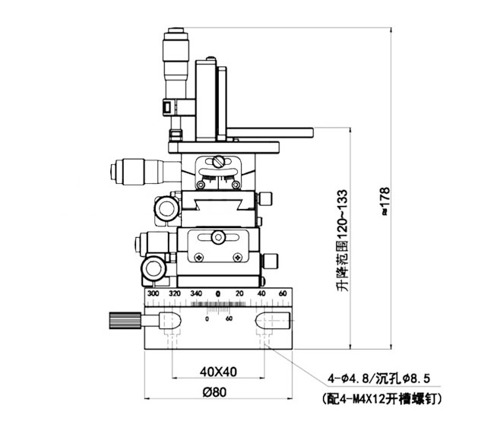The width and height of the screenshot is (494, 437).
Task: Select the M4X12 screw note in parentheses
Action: pos(378,397)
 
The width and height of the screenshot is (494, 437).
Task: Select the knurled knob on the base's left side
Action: pos(122,320)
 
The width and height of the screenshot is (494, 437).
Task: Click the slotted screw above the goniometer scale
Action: pos(218,161)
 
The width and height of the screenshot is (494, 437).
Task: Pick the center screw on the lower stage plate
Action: pos(217,239)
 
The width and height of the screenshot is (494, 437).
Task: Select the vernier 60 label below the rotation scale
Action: pos(229,318)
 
